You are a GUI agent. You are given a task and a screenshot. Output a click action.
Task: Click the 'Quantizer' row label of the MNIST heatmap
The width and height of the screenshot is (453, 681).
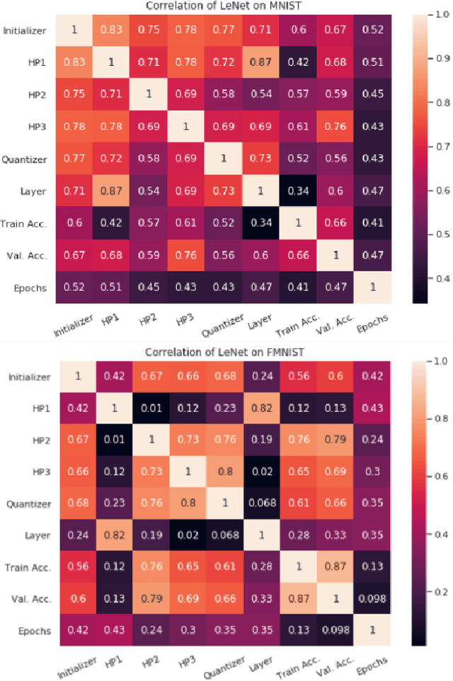25,159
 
